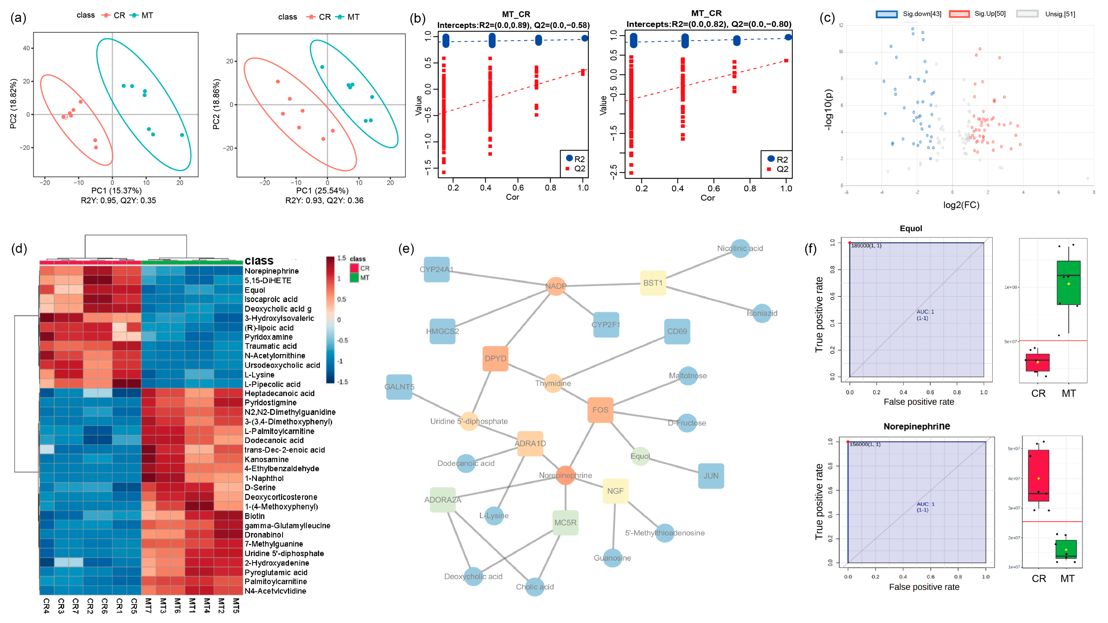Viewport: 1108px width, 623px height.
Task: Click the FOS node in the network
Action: click(x=600, y=410)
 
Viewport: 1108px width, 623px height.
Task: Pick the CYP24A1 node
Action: click(x=437, y=269)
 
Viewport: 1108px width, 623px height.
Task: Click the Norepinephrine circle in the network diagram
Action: click(x=565, y=475)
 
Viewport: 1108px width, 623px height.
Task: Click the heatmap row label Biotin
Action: click(x=255, y=516)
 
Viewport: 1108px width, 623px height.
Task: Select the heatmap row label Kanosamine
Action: click(x=267, y=459)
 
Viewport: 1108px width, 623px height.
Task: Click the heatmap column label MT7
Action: click(x=148, y=605)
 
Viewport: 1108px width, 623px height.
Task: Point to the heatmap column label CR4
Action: click(x=47, y=605)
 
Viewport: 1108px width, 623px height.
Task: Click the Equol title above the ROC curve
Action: click(x=911, y=228)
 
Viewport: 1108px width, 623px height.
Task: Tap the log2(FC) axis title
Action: click(x=961, y=205)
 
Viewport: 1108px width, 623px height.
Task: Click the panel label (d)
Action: click(x=19, y=248)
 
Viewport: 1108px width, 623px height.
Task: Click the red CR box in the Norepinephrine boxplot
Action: click(x=1038, y=475)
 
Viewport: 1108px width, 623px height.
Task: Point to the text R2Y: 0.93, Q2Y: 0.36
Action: click(x=324, y=200)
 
